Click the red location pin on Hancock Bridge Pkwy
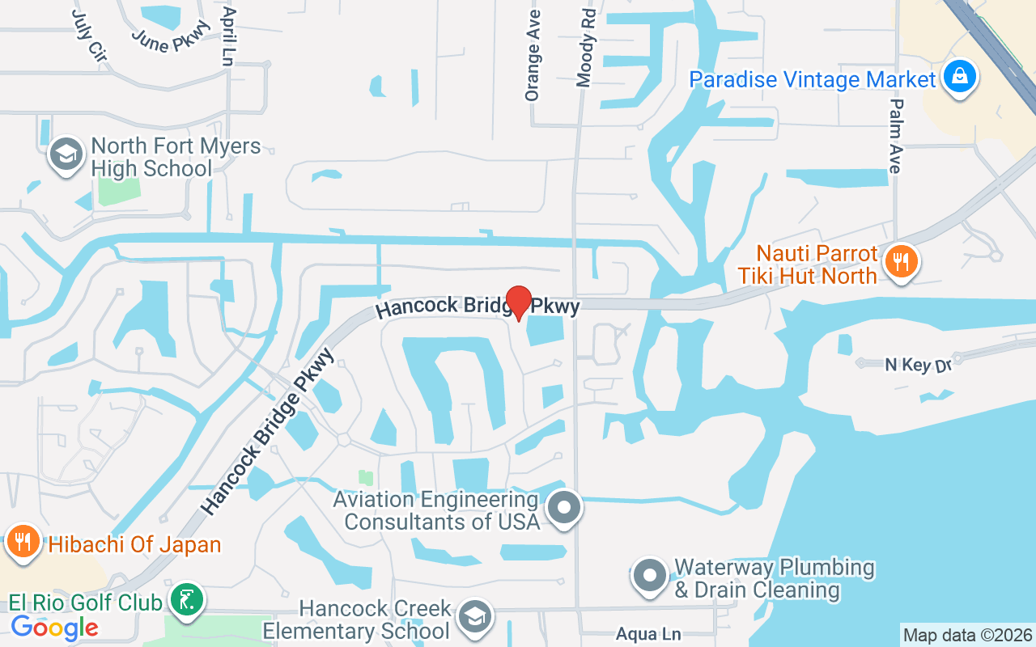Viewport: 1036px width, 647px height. (x=518, y=302)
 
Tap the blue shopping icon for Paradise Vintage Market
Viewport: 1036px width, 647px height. (x=959, y=78)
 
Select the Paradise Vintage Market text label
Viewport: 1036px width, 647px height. (x=812, y=80)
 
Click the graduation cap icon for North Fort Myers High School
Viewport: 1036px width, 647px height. (x=65, y=154)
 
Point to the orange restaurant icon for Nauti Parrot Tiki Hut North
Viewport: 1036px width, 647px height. (x=900, y=262)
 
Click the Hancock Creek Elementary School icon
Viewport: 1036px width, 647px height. (x=474, y=617)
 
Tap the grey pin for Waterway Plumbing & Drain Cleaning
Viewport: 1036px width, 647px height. (x=649, y=577)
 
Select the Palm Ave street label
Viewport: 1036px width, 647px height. (x=895, y=136)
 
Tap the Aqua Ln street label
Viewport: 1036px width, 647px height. (x=647, y=635)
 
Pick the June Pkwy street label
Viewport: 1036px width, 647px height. (x=171, y=36)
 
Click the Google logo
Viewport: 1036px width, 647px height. (x=54, y=628)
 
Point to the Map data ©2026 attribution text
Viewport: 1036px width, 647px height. (x=967, y=635)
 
